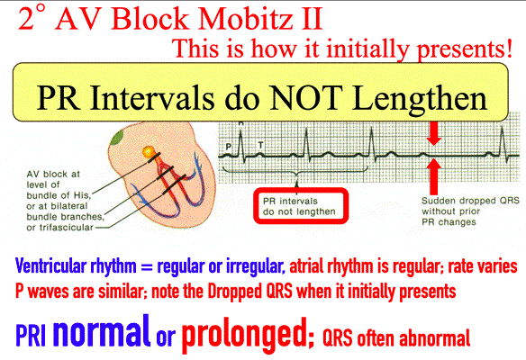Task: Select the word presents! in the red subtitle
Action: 465,49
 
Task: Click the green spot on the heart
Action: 117,138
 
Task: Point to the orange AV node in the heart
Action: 148,152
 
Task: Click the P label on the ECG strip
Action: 229,146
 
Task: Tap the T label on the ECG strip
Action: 260,145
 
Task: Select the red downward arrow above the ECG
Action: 434,133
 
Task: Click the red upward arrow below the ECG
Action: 434,176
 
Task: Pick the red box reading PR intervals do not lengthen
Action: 301,205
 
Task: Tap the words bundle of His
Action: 59,195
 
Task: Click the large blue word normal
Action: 102,331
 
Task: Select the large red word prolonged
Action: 247,335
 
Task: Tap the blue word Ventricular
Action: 50,266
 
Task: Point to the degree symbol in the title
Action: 41,9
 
